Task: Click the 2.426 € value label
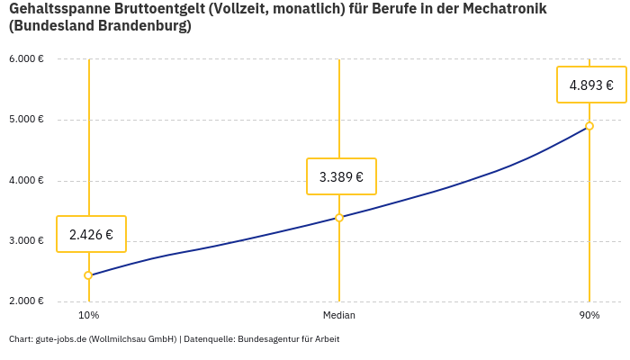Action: pos(91,234)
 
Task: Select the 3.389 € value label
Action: pos(341,176)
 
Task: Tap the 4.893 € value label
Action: pos(591,85)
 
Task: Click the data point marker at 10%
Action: pos(88,275)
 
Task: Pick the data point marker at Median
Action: pos(339,217)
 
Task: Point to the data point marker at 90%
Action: pos(589,126)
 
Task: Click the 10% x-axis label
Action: pos(88,315)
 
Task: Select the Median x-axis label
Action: pos(339,315)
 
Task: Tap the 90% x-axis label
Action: pos(589,315)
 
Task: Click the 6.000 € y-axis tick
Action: pos(26,59)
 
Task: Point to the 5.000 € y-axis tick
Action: pos(26,120)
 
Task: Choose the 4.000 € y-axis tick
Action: pos(26,180)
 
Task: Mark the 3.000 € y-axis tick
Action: pos(26,240)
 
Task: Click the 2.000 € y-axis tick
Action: pos(26,301)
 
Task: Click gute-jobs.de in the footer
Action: pos(60,339)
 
